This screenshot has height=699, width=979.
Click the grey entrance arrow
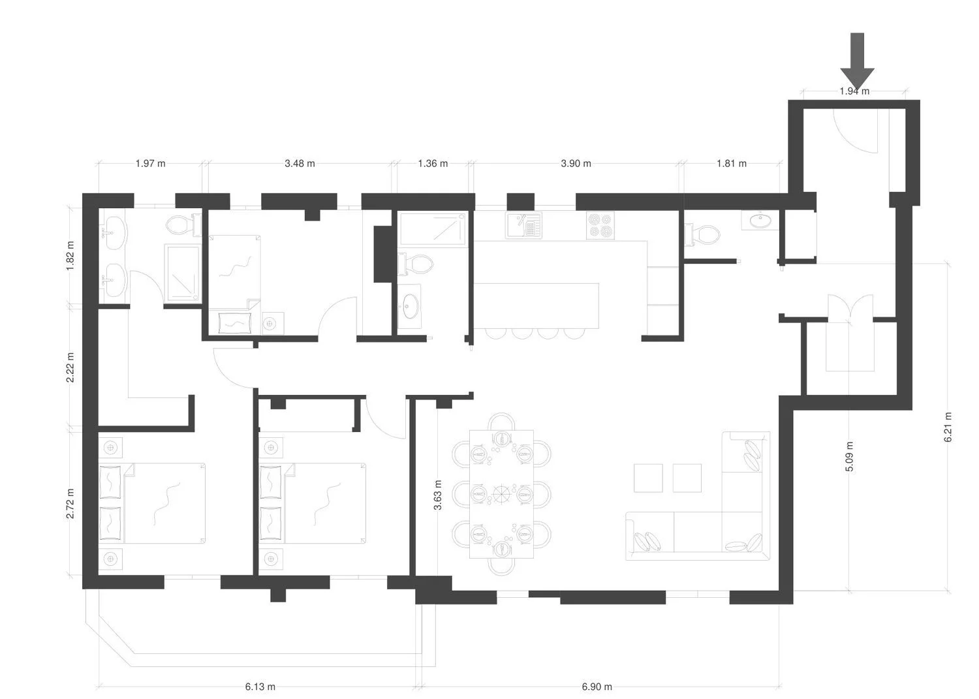click(x=857, y=60)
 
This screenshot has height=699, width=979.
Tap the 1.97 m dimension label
click(x=150, y=164)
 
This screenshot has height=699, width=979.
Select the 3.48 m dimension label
click(x=300, y=164)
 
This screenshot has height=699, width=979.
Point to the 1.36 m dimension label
click(x=433, y=164)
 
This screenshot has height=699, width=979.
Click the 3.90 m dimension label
click(x=576, y=164)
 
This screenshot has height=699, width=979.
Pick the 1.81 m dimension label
click(x=731, y=164)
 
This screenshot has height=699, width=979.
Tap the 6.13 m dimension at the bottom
click(x=260, y=687)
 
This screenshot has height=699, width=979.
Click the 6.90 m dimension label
click(x=597, y=687)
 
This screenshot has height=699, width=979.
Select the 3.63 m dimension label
click(x=437, y=495)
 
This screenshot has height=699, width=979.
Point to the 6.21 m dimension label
click(x=948, y=427)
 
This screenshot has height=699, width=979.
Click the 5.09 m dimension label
click(x=849, y=457)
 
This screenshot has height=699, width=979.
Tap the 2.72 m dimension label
click(x=70, y=504)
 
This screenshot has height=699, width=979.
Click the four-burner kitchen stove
click(x=600, y=225)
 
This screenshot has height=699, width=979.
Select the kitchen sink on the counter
click(x=523, y=225)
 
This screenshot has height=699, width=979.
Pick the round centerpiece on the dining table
click(x=501, y=493)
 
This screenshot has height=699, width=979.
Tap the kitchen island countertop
click(x=536, y=305)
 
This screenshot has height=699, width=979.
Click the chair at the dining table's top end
click(x=501, y=422)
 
